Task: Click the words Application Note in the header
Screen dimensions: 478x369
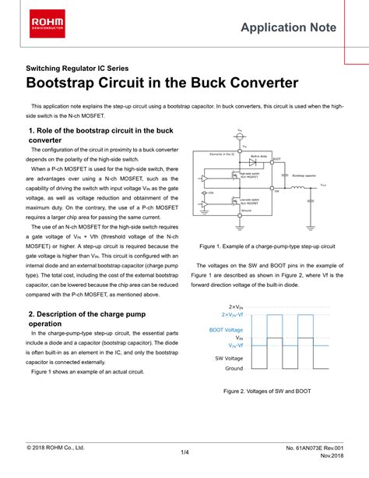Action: coord(289,28)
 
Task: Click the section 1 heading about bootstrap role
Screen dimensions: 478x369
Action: coord(100,135)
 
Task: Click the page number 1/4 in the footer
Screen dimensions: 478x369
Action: coord(184,451)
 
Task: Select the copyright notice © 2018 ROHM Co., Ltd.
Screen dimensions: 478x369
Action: coord(55,448)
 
